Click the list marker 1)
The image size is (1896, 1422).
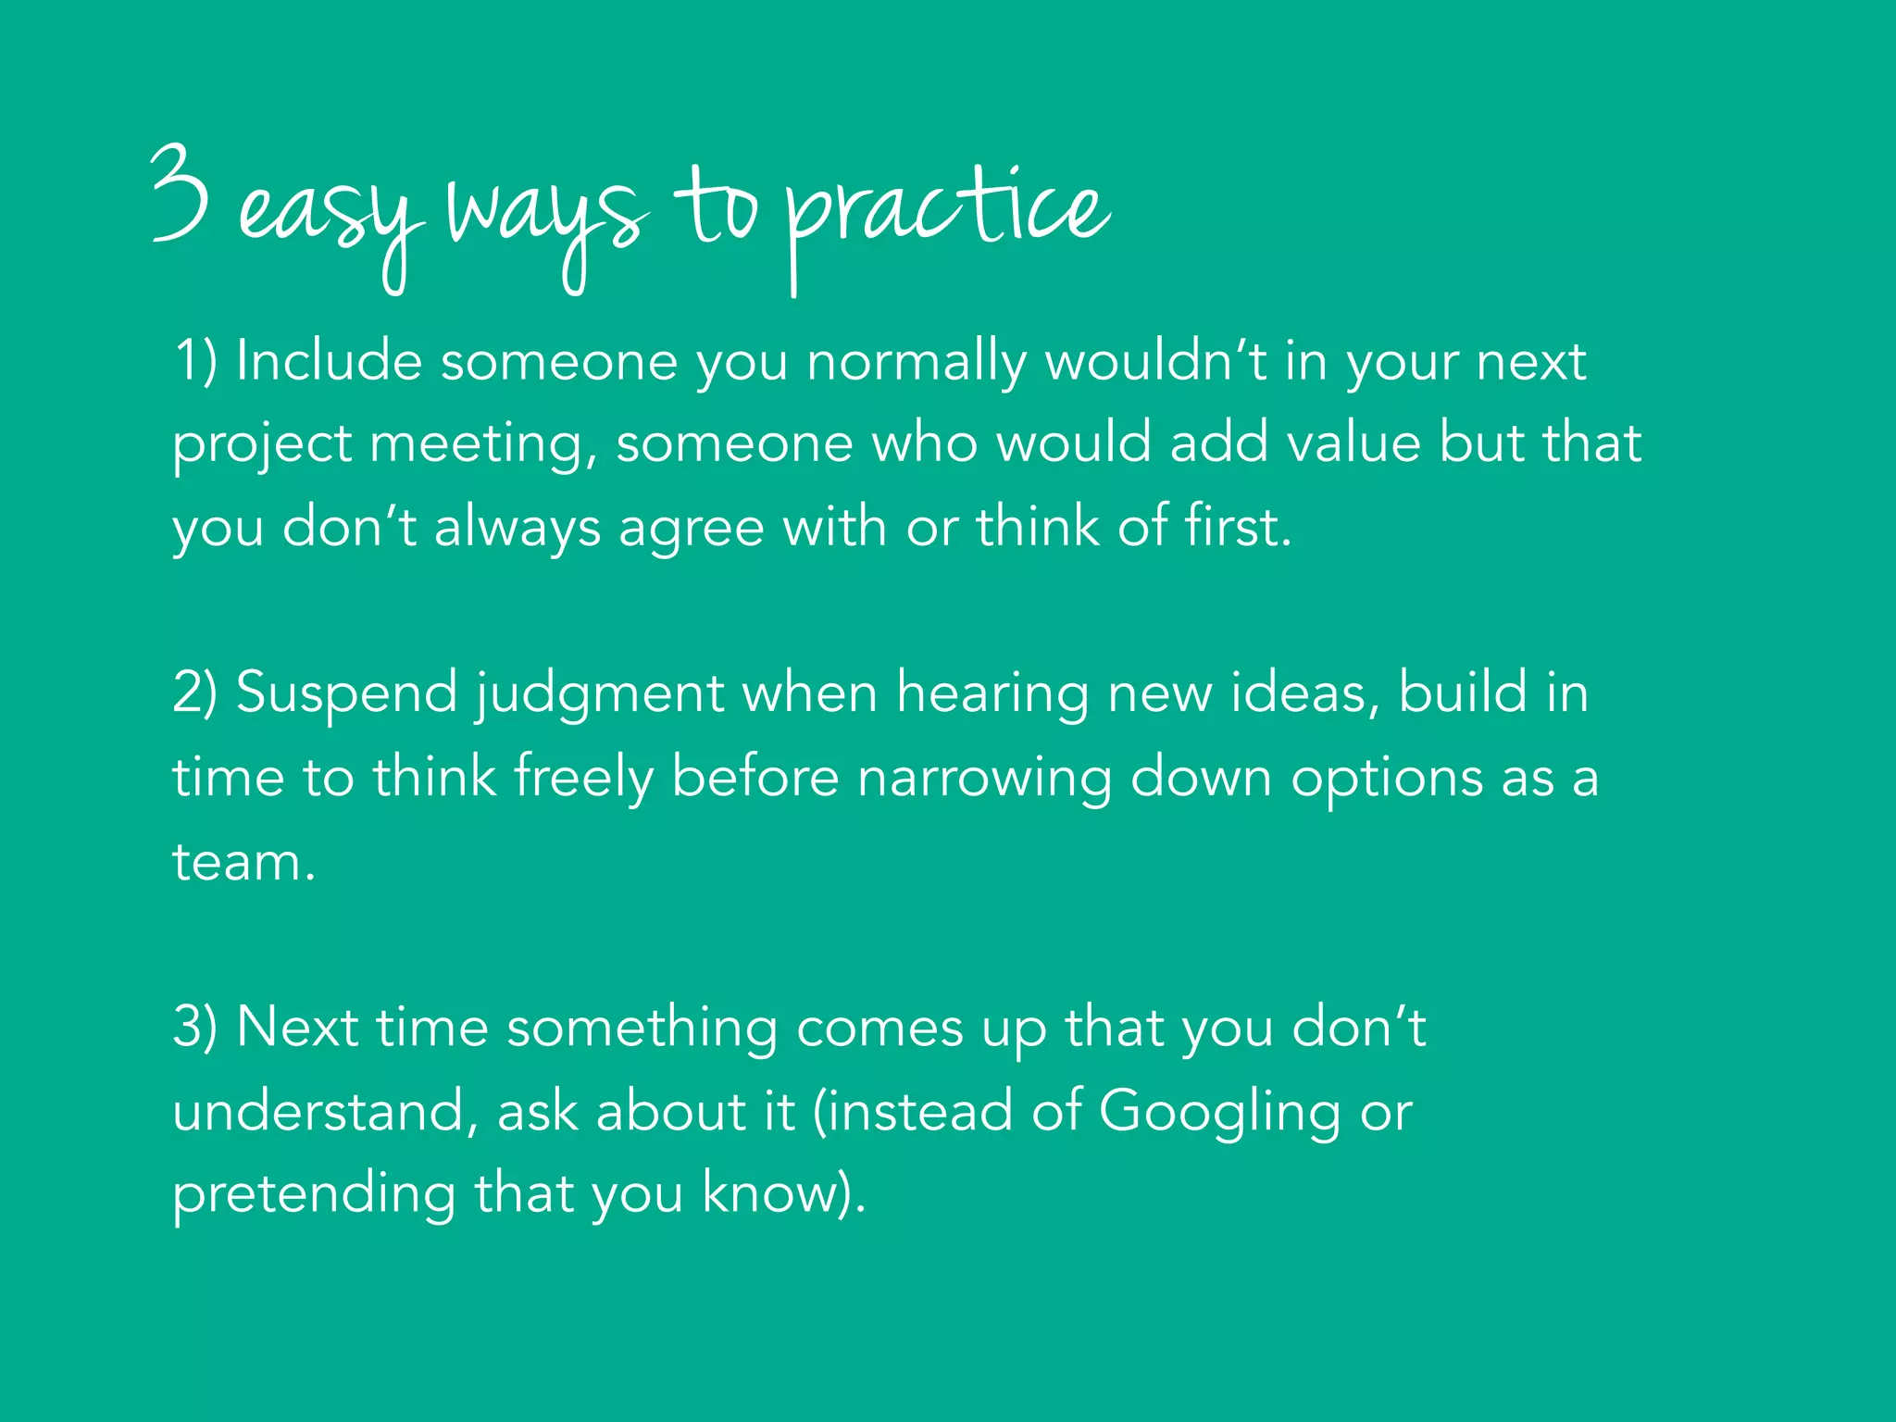coord(195,361)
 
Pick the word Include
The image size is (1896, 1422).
coord(329,361)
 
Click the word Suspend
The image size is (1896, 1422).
coord(347,694)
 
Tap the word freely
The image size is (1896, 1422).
coord(583,778)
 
